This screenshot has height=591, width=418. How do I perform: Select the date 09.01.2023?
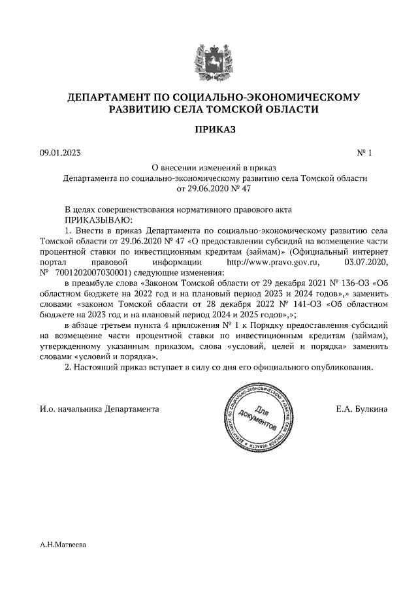coord(61,153)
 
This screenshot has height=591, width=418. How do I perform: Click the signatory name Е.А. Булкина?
coord(361,409)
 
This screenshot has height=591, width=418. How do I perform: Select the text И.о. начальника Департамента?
coord(99,409)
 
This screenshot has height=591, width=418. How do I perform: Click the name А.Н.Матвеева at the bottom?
coord(63,543)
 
